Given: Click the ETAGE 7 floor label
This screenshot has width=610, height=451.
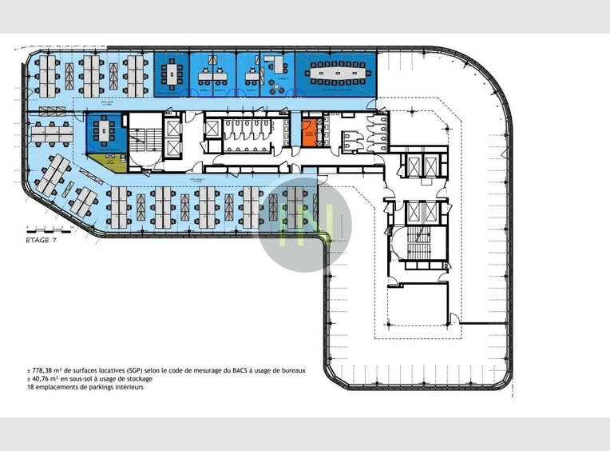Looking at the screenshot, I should [42, 239].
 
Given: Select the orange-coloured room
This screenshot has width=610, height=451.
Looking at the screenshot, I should [309, 132].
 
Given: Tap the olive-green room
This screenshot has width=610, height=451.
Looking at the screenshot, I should [105, 164].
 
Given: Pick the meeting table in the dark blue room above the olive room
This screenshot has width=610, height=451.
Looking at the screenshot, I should [105, 130].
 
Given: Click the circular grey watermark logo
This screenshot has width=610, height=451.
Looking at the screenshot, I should [305, 224].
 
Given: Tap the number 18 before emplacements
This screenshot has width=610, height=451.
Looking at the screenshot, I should [30, 388].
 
